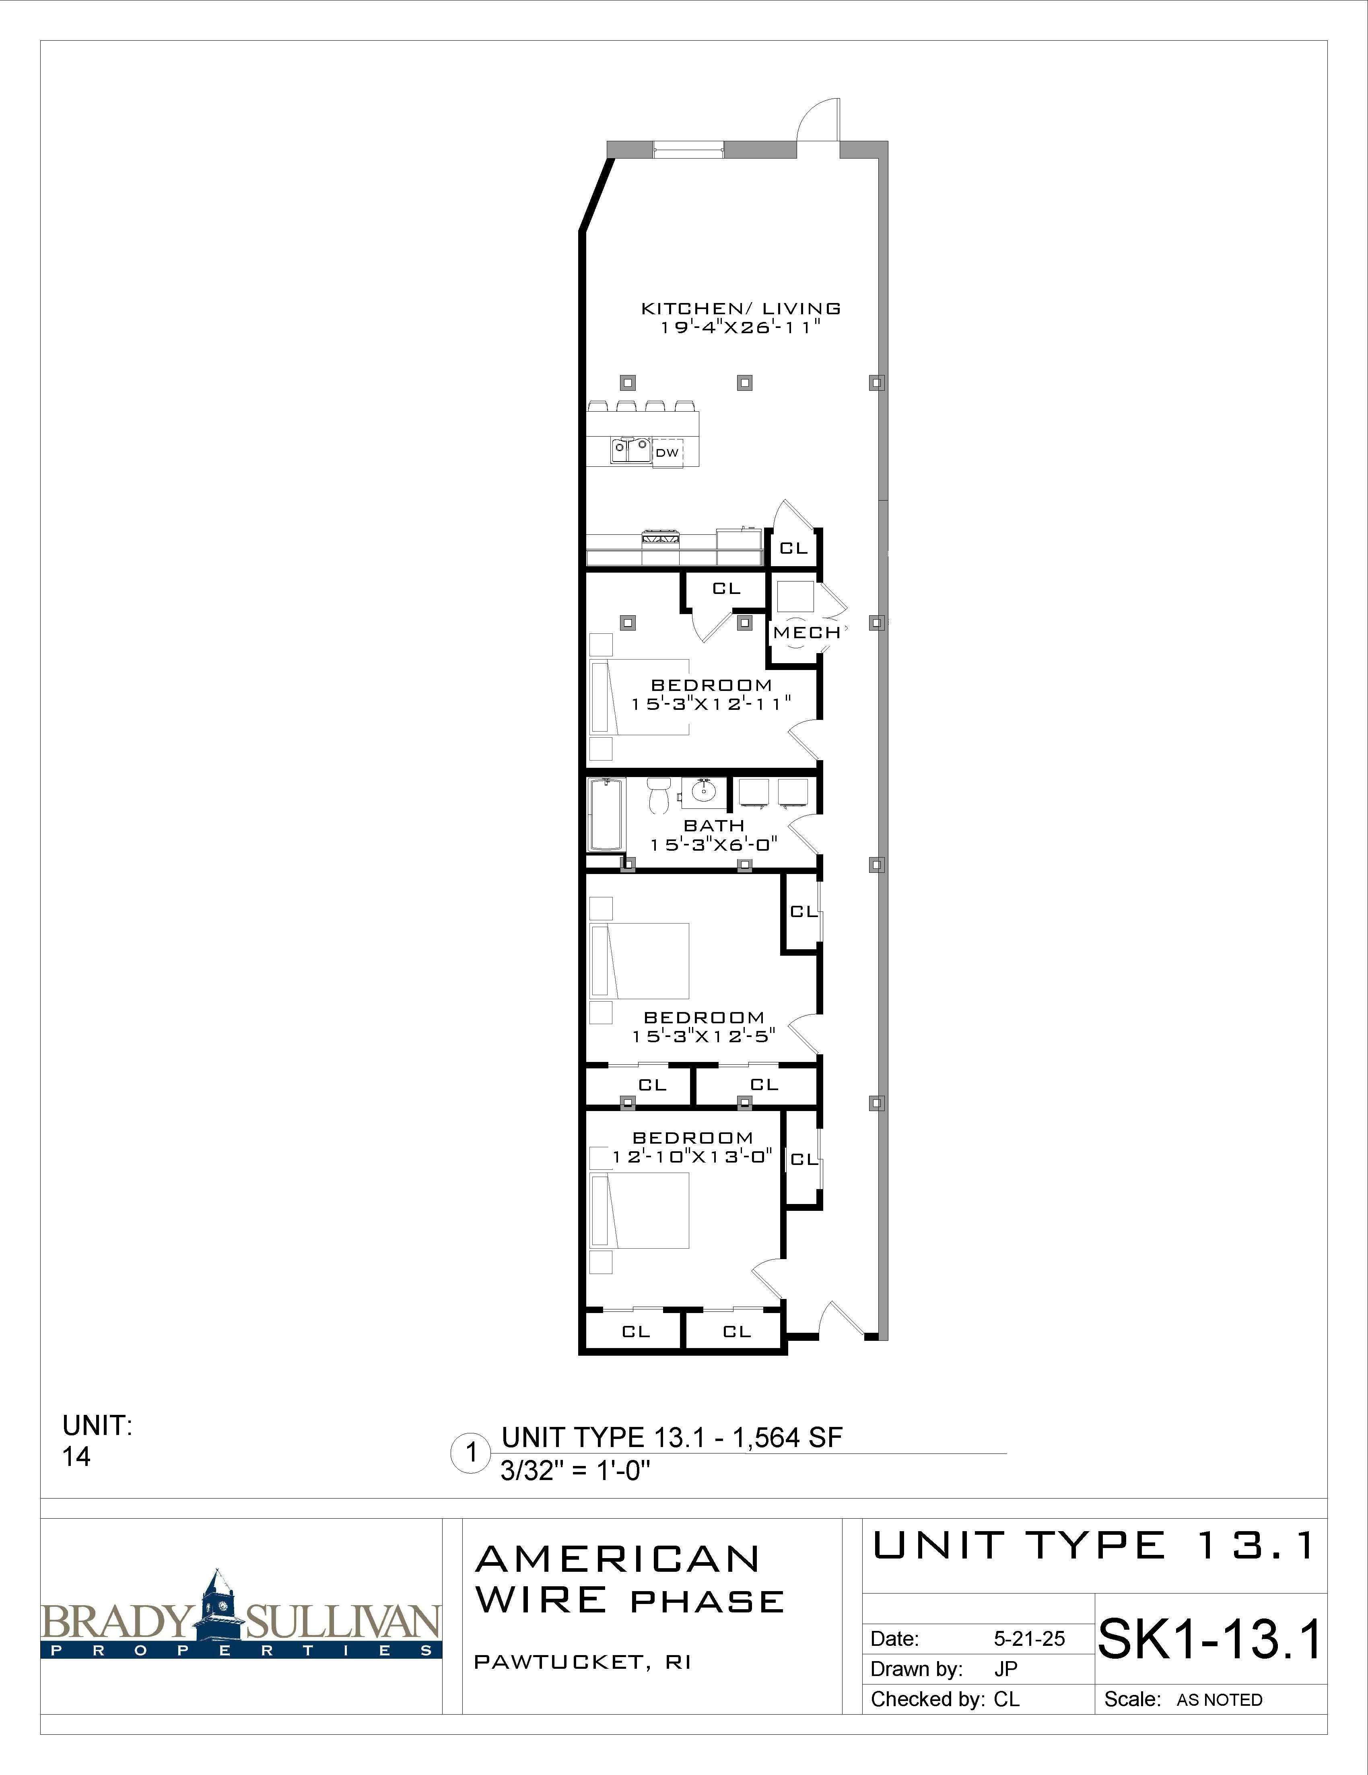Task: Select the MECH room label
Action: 806,632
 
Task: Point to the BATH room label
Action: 714,826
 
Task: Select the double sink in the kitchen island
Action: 631,449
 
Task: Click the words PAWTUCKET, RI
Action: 582,1662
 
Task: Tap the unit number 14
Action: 76,1457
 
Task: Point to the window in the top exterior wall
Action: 688,149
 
